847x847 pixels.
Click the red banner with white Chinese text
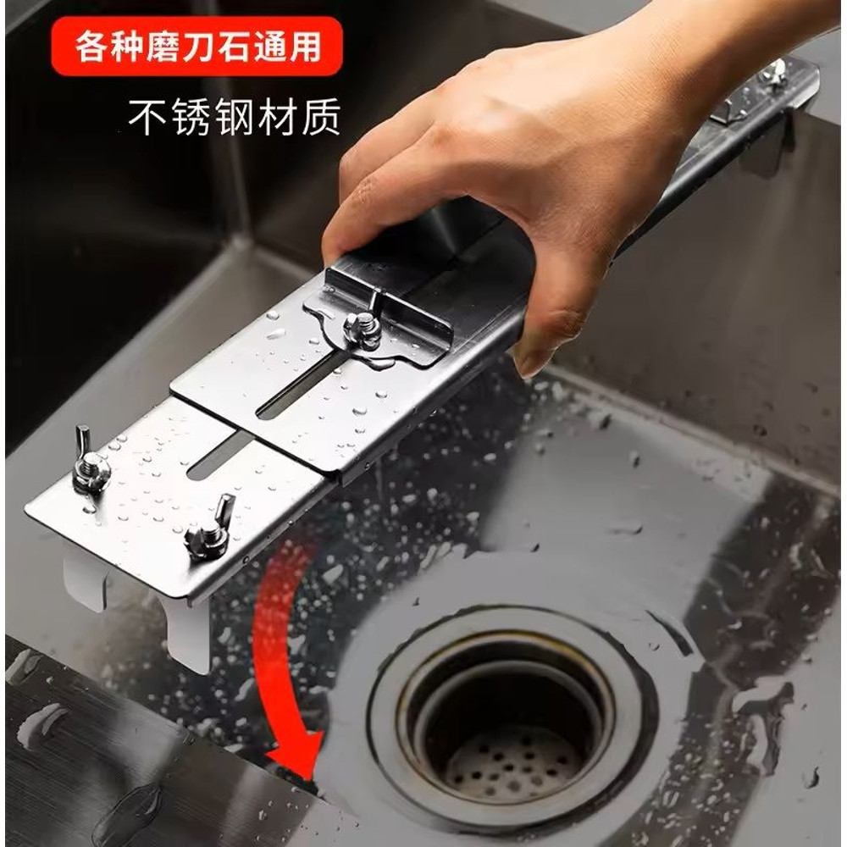click(x=199, y=47)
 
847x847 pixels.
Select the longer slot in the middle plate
click(x=301, y=385)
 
